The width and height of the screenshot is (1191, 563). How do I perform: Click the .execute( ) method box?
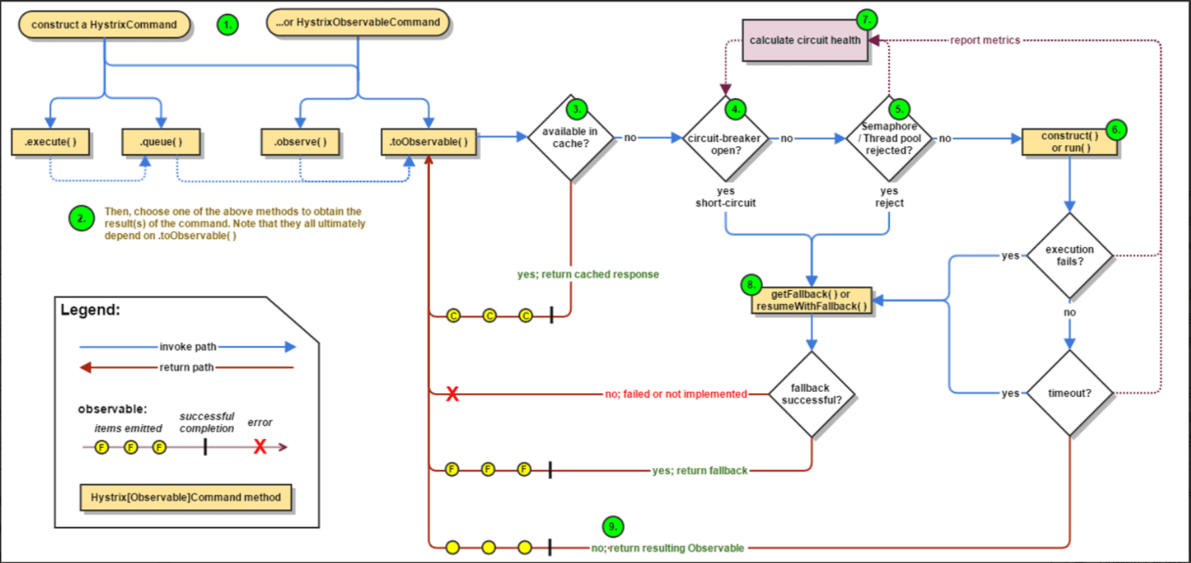pos(50,142)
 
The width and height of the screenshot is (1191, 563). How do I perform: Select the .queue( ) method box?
pos(161,142)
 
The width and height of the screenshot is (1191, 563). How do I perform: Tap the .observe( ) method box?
pos(300,142)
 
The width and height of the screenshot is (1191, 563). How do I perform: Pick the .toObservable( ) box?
pos(429,142)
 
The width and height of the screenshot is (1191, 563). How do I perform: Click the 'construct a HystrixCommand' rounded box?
pos(104,24)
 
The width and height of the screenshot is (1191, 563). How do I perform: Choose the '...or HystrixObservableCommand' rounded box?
pos(358,22)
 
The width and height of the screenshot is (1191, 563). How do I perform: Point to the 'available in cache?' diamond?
pos(570,138)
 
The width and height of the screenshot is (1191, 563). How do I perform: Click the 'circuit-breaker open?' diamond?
pos(725,138)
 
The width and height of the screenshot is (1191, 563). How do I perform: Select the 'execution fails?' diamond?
pos(1070,256)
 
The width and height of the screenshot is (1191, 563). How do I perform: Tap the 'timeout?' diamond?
pos(1070,393)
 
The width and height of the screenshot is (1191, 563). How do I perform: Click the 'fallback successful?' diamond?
pos(812,395)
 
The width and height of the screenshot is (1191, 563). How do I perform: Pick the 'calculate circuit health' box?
pos(805,41)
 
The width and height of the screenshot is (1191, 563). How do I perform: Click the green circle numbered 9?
pos(613,527)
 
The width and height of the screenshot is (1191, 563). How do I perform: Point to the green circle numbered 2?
pos(81,218)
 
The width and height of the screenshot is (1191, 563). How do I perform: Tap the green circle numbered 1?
pos(227,25)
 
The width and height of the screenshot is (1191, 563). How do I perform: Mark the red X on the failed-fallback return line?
pos(452,394)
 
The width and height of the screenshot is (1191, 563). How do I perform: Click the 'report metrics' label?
pos(985,41)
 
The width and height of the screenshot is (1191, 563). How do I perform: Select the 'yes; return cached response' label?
pos(588,274)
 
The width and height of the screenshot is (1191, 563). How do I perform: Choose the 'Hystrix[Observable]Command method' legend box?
pos(185,497)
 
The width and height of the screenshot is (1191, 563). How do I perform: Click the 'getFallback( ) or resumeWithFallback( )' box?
pos(812,300)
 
